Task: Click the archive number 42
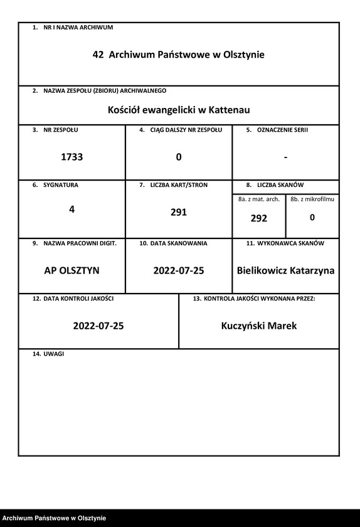point(98,55)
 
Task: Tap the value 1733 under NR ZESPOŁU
point(71,157)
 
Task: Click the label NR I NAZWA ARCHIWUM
point(78,28)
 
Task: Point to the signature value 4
point(71,210)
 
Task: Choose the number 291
point(179,213)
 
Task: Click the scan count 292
point(259,218)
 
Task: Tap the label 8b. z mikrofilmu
point(312,199)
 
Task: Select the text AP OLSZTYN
point(71,271)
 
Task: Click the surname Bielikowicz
point(262,271)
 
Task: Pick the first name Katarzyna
point(312,271)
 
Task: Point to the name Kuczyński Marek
point(259,326)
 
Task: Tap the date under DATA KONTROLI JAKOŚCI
point(98,326)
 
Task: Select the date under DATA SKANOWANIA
point(179,271)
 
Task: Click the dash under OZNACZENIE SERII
point(285,157)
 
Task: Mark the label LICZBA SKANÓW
point(280,185)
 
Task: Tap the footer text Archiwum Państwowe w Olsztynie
point(54,518)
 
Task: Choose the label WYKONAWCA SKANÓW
point(290,243)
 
